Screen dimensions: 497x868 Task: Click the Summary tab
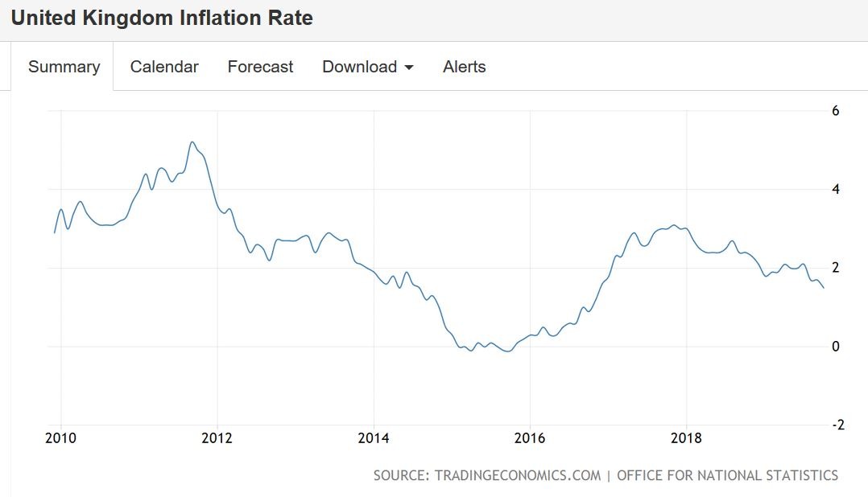[64, 67]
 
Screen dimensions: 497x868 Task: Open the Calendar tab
[164, 67]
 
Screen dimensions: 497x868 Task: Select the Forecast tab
[260, 67]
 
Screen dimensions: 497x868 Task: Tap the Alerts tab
[464, 67]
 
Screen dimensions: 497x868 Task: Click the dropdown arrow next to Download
[409, 68]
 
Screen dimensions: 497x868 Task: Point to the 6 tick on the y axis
[835, 111]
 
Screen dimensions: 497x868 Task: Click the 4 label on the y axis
[835, 190]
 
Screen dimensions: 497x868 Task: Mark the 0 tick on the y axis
[835, 347]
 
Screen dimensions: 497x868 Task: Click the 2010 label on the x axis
[60, 438]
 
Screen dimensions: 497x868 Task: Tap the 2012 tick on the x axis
[217, 438]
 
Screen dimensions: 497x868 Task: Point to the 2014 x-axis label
[373, 438]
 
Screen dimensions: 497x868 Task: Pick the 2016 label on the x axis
[529, 438]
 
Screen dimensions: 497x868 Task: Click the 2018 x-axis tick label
[686, 438]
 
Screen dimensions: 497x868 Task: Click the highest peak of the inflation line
[192, 142]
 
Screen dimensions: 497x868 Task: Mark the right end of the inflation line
[823, 288]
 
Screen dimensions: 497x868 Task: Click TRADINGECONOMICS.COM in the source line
[518, 475]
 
